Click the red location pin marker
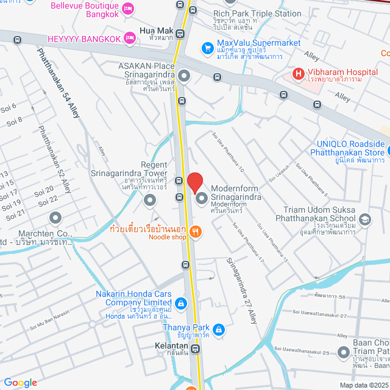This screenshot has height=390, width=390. pyautogui.click(x=195, y=182)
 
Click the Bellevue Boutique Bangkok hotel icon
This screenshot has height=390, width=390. pyautogui.click(x=128, y=8)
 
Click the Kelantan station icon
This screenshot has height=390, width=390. pyautogui.click(x=195, y=349)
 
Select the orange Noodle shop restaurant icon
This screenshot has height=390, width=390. pyautogui.click(x=195, y=230)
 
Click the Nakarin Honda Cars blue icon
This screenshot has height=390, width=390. pyautogui.click(x=180, y=303)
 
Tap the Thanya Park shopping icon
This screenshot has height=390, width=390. pyautogui.click(x=219, y=330)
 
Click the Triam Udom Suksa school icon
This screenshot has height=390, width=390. pyautogui.click(x=364, y=219)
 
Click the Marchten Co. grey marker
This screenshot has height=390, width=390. pyautogui.click(x=55, y=218)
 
